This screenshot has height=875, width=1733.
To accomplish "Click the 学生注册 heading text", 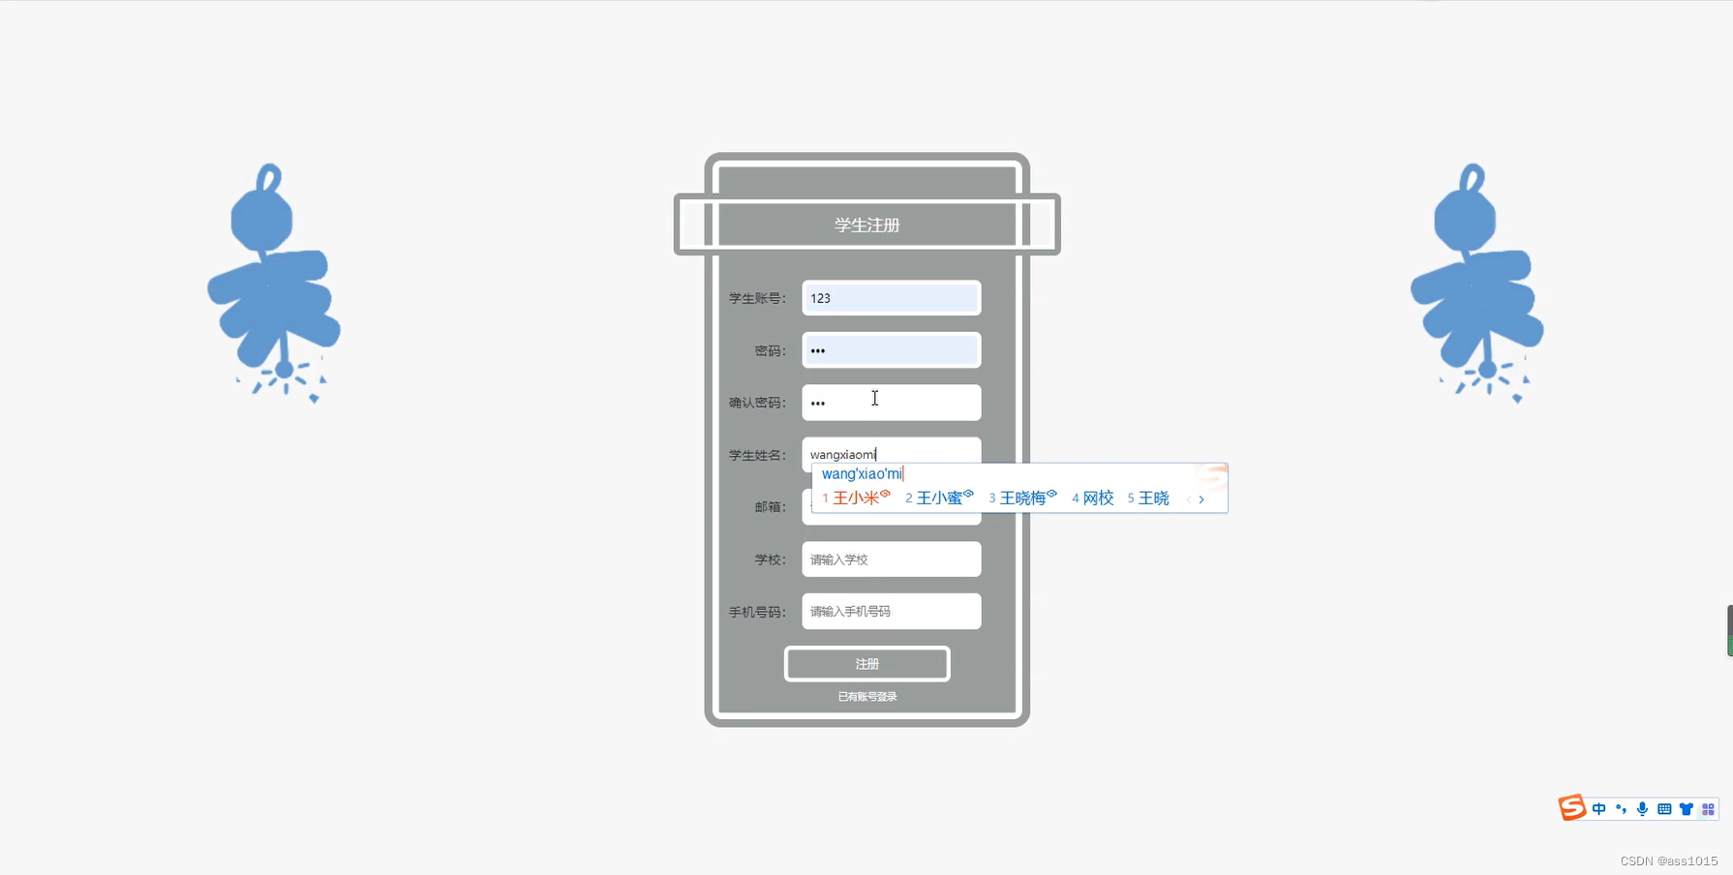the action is point(866,225).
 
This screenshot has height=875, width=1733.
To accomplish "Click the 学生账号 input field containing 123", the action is point(891,298).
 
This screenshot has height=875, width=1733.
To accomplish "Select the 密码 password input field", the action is point(891,350).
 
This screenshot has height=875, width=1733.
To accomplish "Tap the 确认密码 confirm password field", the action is point(891,403).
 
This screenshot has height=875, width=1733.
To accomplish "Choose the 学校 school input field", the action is point(891,559).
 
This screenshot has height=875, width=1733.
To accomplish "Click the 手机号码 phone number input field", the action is point(891,612).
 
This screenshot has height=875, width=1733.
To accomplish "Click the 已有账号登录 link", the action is point(866,697).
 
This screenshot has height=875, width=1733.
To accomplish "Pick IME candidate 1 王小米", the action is point(856,498).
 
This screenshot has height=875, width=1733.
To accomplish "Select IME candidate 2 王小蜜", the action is point(939,498).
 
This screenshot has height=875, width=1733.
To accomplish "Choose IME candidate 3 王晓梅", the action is point(1022,498).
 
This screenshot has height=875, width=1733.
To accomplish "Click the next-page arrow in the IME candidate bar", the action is point(1201,499).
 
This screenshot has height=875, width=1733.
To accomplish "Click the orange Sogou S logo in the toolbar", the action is point(1571,807).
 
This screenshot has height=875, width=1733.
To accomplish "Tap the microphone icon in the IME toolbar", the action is point(1642,809).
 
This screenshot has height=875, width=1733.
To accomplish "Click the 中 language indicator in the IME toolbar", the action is point(1598,809).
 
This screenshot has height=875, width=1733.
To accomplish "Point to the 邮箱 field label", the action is point(770,507).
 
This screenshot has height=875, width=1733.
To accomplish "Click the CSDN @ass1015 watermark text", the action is point(1668,860).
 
